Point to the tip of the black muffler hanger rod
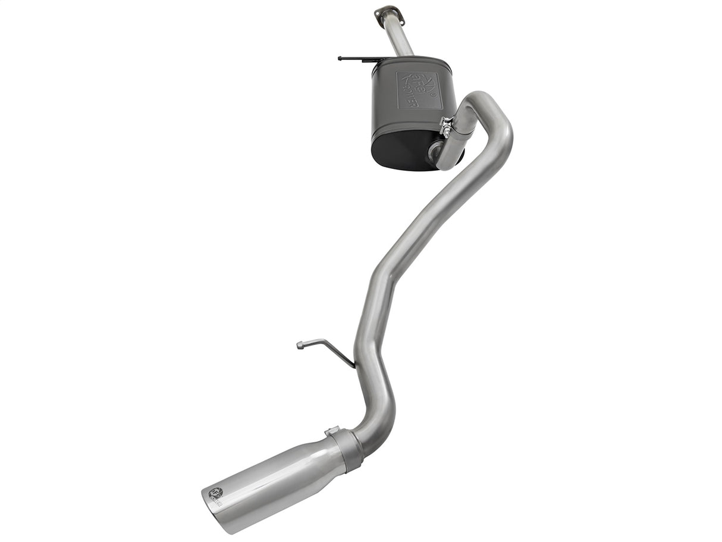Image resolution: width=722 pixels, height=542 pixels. coord(340,58)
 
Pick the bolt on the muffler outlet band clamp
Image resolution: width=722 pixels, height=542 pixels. coord(445,124)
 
